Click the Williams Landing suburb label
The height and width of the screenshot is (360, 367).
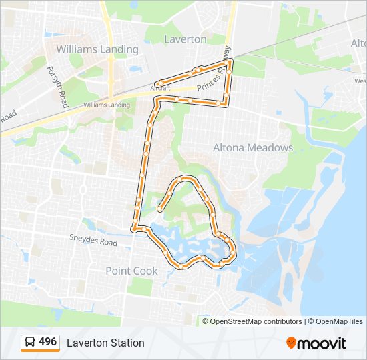97,49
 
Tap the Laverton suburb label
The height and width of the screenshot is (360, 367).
185,39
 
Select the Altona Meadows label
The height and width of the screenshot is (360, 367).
252,147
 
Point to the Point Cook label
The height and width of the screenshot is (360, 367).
132,271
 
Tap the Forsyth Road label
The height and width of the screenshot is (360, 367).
57,87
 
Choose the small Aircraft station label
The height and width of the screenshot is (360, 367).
161,88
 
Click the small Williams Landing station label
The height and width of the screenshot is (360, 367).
107,105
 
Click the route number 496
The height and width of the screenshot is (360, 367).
47,342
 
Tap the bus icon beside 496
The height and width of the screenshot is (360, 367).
31,343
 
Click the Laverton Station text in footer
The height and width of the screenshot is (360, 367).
105,343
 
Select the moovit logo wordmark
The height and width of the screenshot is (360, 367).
322,343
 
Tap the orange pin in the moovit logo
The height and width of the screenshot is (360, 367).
291,343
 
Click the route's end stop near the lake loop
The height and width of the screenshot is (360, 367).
159,209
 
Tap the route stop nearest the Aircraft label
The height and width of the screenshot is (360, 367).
160,83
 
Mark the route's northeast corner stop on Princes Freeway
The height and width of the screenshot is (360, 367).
230,62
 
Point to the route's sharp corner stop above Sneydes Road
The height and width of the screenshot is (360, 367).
135,229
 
